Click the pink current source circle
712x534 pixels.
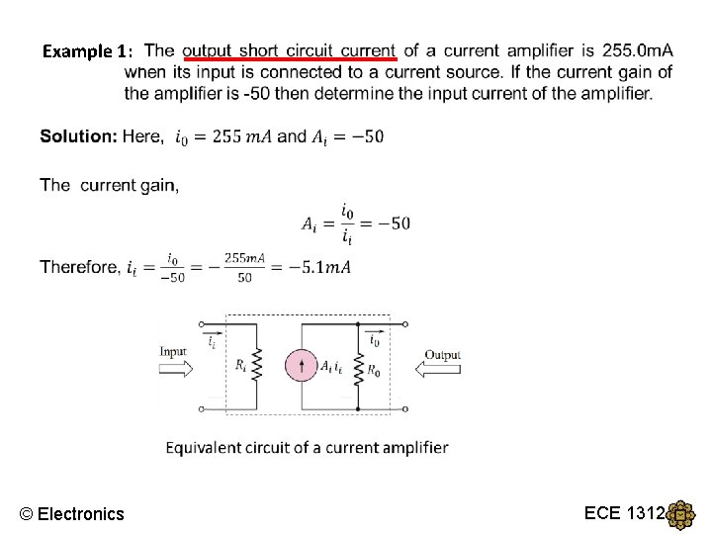(302, 366)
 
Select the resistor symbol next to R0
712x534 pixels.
(355, 368)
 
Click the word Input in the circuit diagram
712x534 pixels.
(173, 351)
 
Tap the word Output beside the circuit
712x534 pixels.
(443, 355)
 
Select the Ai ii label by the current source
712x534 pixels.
(331, 366)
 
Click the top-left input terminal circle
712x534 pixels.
(202, 323)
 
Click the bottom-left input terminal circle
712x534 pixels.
(202, 408)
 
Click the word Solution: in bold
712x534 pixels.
(78, 136)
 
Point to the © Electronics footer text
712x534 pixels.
(72, 513)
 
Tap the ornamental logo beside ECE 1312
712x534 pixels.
(681, 515)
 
